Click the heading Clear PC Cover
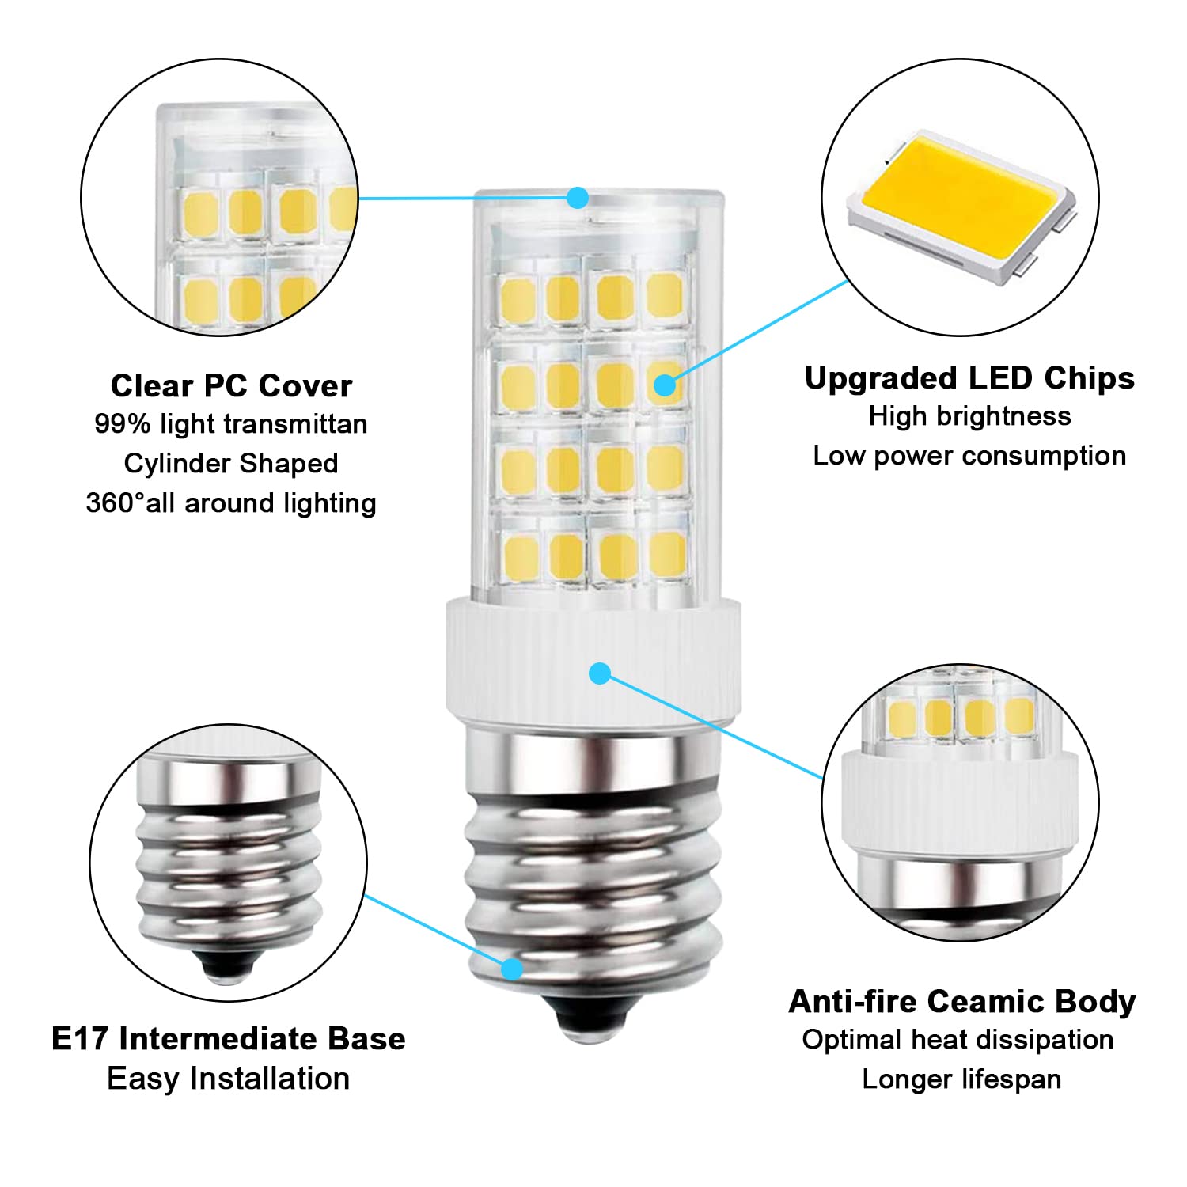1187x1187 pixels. [231, 386]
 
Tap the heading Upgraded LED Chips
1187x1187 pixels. [969, 378]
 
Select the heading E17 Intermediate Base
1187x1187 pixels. [228, 1039]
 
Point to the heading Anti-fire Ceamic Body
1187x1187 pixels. [961, 1002]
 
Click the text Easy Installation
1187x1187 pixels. [228, 1079]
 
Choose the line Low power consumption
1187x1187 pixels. [969, 456]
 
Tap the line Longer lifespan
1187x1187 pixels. [961, 1079]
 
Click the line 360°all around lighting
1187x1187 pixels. [231, 503]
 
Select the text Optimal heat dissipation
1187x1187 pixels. [958, 1040]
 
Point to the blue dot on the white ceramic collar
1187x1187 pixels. [600, 673]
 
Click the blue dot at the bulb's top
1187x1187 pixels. [578, 197]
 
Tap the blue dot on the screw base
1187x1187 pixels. [512, 968]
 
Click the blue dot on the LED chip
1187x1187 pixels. [665, 385]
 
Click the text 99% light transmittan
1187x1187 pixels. [231, 424]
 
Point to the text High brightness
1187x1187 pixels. [969, 416]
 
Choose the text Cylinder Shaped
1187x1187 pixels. [231, 464]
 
